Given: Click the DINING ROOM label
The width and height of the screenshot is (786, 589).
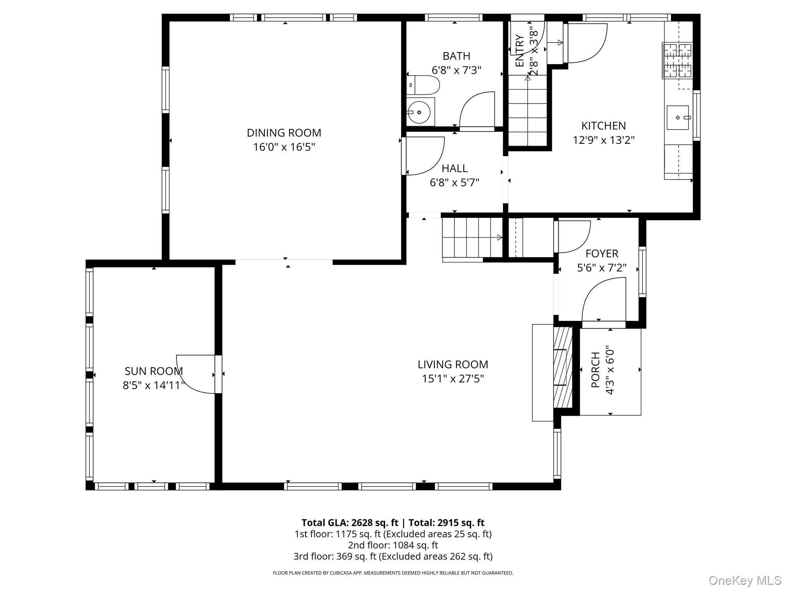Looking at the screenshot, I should tap(284, 133).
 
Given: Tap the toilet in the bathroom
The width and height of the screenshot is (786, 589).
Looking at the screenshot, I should tap(423, 85).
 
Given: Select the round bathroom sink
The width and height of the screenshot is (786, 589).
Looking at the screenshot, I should tap(419, 112).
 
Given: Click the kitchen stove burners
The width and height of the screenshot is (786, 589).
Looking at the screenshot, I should tap(677, 61).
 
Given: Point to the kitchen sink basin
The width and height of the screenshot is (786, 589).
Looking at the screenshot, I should tap(677, 117).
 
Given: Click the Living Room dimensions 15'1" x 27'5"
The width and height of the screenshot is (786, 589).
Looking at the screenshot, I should tap(453, 379).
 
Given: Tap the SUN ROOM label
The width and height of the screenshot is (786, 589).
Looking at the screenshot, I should tap(154, 371).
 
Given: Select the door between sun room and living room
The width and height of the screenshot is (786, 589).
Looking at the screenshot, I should tap(196, 374).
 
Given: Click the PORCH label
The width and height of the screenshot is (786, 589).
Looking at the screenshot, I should tap(595, 370).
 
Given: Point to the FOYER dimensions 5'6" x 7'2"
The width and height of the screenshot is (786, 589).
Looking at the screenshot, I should tap(602, 268).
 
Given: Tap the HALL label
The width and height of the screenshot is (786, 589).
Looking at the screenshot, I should tap(454, 168).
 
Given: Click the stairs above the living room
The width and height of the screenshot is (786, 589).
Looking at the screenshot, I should tap(472, 237).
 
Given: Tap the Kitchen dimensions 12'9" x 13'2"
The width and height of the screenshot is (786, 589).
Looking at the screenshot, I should tap(603, 140).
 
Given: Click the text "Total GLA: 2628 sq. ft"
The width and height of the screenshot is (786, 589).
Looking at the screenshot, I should tap(350, 523).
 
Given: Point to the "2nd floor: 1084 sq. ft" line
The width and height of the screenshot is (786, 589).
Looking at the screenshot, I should tap(393, 545).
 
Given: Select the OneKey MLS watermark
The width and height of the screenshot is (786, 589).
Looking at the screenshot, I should tap(745, 580).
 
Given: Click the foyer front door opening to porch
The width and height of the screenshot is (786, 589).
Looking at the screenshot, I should tap(604, 303).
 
